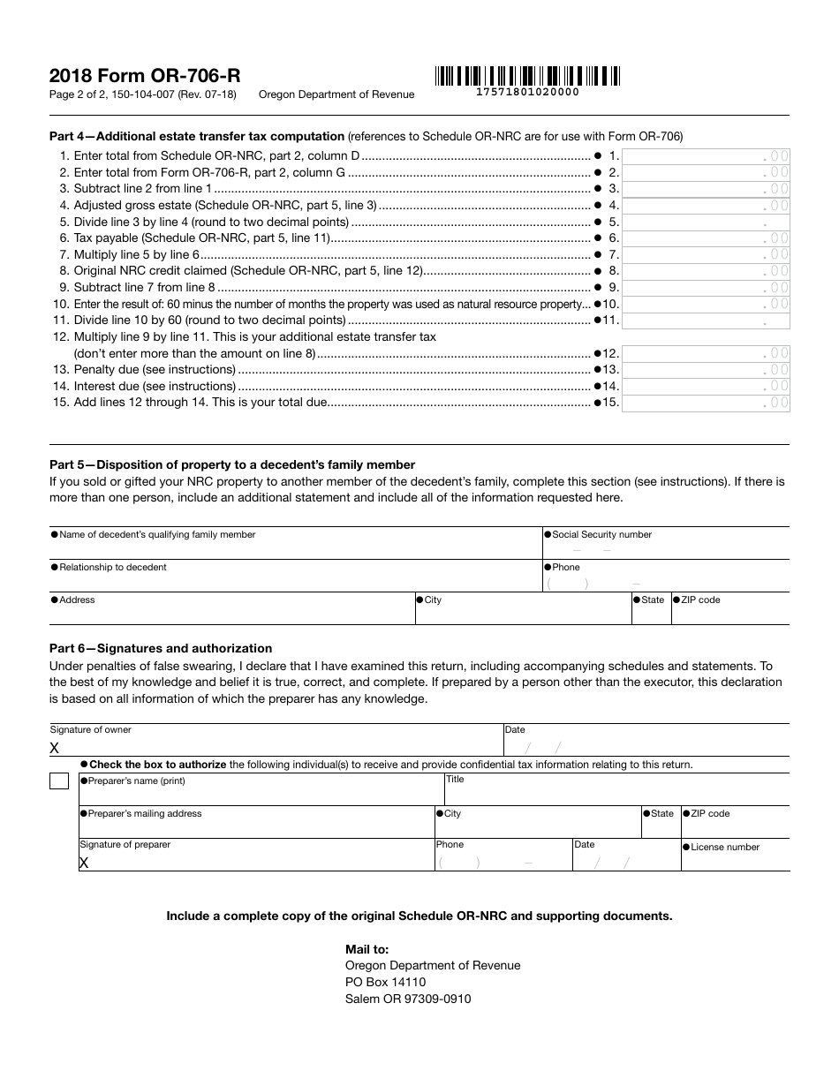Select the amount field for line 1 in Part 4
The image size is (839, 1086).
click(x=706, y=156)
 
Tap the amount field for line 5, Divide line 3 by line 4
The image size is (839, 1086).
click(x=706, y=222)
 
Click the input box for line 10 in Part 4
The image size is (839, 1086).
click(x=706, y=304)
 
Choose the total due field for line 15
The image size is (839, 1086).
click(x=706, y=403)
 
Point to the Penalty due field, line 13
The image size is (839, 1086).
click(x=706, y=370)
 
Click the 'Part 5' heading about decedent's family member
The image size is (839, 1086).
click(x=232, y=464)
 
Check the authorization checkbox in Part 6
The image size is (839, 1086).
click(x=59, y=781)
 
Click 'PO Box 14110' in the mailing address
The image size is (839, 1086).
click(x=385, y=982)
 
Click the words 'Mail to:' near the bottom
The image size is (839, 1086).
click(x=367, y=949)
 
